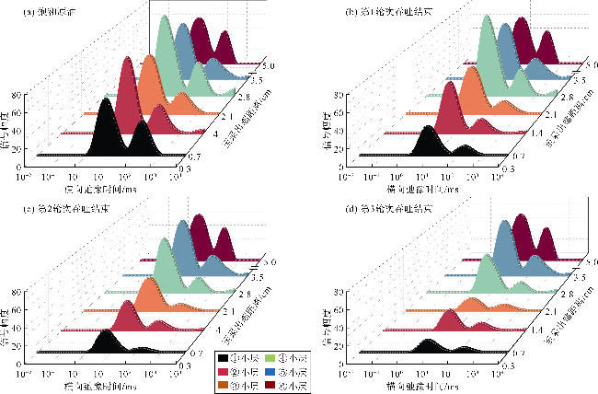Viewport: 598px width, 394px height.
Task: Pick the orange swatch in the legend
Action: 222,385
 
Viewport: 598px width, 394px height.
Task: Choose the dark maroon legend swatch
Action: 270,385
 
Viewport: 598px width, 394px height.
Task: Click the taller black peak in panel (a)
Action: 107,101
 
